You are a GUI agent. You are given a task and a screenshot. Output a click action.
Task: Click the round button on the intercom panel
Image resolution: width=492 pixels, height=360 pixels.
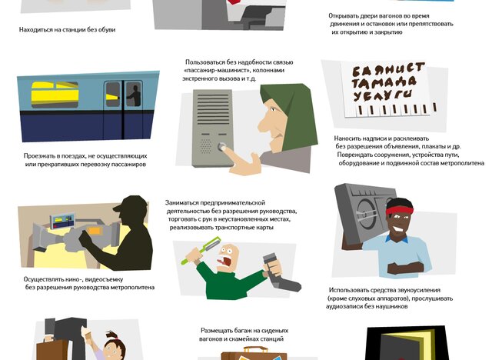pyautogui.click(x=222, y=146)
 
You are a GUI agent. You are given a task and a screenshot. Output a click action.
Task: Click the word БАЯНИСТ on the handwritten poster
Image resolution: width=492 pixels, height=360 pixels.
pyautogui.click(x=388, y=70)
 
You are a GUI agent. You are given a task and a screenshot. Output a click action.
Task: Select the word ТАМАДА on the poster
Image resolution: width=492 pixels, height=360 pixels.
pyautogui.click(x=384, y=83)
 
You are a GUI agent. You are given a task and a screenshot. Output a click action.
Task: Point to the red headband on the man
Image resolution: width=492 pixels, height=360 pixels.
pyautogui.click(x=400, y=210)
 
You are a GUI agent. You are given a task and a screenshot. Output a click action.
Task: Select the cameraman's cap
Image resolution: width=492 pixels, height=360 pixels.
pyautogui.click(x=131, y=204)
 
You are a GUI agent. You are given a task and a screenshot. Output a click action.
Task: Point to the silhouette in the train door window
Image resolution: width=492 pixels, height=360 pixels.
pyautogui.click(x=134, y=95)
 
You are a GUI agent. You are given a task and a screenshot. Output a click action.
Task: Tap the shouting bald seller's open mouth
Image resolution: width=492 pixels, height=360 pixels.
pyautogui.click(x=226, y=262)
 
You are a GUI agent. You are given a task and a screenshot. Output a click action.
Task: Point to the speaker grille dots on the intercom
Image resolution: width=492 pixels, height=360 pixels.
pyautogui.click(x=205, y=146)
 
